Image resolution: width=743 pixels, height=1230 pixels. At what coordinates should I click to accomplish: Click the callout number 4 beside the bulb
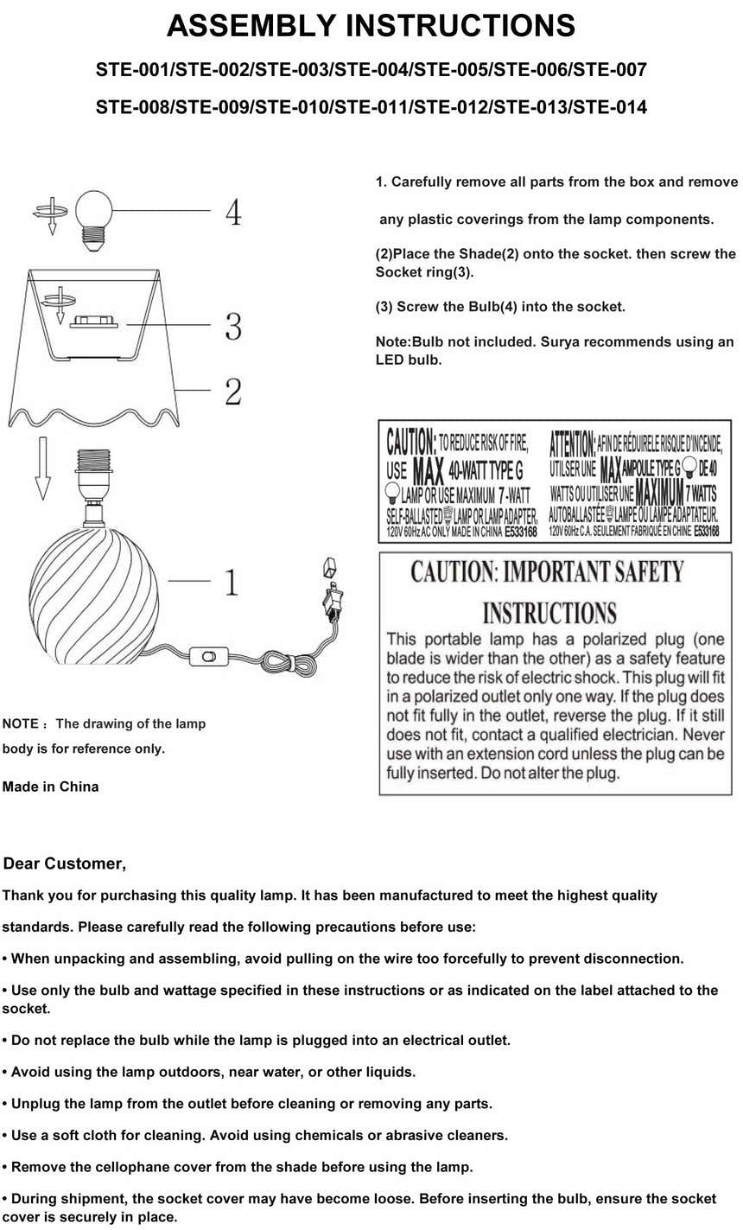233,212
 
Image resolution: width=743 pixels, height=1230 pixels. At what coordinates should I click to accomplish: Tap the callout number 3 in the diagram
233,327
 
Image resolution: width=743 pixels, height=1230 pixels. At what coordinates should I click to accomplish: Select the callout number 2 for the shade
233,392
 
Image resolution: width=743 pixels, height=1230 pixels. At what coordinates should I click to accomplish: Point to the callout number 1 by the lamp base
232,583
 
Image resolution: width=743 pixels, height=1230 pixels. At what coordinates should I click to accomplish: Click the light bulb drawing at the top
94,216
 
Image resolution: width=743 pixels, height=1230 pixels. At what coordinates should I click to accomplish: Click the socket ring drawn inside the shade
93,322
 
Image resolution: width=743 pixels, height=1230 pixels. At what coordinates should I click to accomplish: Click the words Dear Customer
65,864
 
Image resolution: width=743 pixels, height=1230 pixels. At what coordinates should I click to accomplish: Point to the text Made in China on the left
50,787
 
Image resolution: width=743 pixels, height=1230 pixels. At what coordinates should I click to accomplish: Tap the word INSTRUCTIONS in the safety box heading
549,614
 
